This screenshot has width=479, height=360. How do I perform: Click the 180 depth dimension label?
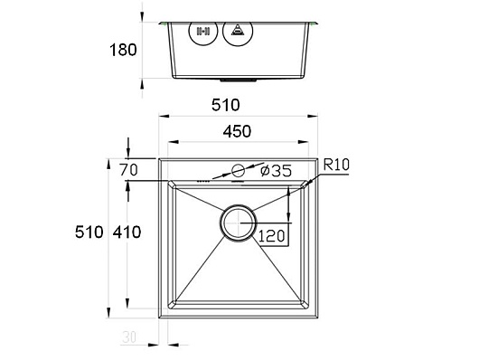[123, 50]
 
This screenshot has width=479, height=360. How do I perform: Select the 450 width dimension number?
[237, 131]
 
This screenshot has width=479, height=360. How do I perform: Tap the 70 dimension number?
[128, 170]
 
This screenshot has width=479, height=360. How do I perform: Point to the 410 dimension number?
[127, 232]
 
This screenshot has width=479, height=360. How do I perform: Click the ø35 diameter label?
[277, 171]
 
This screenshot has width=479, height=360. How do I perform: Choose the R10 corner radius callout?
[336, 165]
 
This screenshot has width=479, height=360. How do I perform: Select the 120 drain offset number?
[271, 236]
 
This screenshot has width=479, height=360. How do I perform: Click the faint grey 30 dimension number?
[129, 337]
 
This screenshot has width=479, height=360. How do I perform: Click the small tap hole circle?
[238, 171]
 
